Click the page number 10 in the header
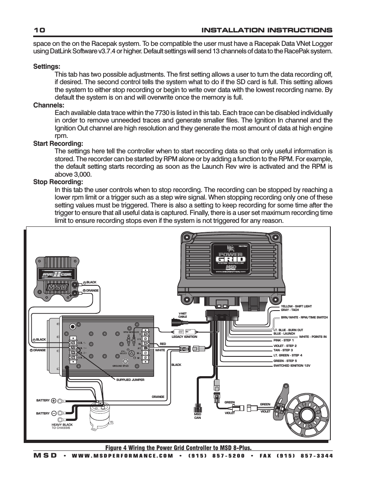(40, 30)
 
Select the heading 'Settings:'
(47, 67)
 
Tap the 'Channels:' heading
(48, 105)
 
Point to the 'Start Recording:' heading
(58, 143)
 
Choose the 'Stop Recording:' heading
(58, 182)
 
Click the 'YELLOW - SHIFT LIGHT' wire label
(296, 306)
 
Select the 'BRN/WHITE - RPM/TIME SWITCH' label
(304, 317)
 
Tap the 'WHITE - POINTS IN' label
(313, 337)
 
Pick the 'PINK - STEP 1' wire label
(283, 340)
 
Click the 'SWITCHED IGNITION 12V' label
(292, 366)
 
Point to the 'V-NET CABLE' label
(182, 315)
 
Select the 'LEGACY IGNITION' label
(184, 337)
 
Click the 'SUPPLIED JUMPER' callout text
(130, 380)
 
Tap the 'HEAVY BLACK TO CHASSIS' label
(62, 426)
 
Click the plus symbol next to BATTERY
(54, 400)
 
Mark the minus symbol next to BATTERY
(54, 413)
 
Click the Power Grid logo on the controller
(230, 257)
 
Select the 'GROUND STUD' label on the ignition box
(121, 366)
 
